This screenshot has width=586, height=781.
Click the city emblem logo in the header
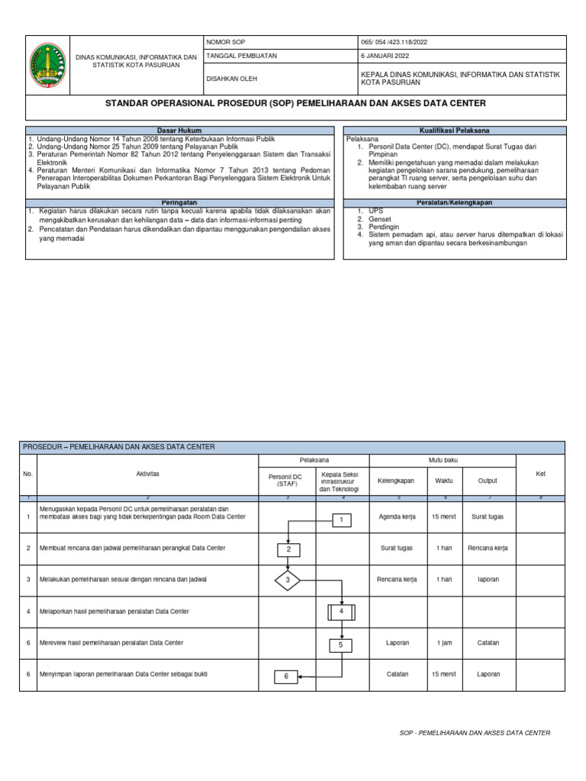pos(47,65)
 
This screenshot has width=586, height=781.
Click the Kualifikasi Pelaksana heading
pos(454,130)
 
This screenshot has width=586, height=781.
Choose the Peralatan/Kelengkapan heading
pos(454,203)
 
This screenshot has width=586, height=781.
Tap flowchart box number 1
pos(342,520)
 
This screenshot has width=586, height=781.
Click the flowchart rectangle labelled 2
pos(288,549)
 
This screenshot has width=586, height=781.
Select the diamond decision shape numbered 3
pos(288,580)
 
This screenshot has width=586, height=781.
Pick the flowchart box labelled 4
pos(342,612)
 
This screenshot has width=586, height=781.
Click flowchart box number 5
pos(342,645)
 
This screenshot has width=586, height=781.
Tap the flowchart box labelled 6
pos(286,676)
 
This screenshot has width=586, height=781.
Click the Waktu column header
pos(443,481)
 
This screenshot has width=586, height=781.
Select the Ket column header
pos(540,474)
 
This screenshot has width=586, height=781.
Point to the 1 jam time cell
pos(443,643)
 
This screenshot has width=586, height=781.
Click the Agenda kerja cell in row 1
pos(397,516)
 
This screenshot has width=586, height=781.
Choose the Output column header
pos(488,481)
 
